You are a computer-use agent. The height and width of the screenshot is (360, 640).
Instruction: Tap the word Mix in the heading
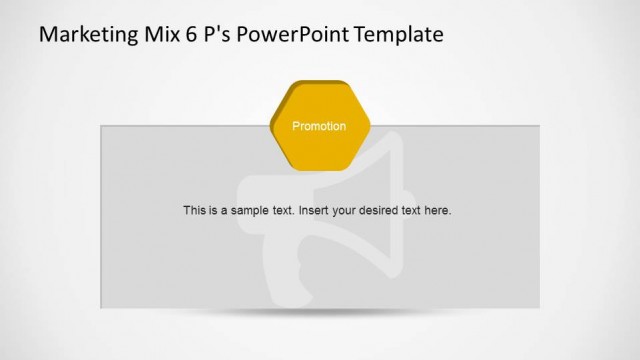coord(155,35)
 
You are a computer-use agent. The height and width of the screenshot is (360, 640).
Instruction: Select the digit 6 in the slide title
coord(187,35)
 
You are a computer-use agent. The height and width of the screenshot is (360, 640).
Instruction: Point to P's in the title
coord(212,35)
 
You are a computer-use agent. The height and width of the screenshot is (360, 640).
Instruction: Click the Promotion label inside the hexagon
coord(319,127)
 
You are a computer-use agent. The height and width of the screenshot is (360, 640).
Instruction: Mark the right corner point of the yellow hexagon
coord(369,127)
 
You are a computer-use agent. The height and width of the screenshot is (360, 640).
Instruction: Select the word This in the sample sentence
coord(195,211)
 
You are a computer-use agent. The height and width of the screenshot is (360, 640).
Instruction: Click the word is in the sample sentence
coord(214,211)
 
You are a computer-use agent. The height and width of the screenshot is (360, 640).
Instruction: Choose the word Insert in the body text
coord(315,211)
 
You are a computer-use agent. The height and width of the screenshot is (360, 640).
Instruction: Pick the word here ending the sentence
coord(439,211)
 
